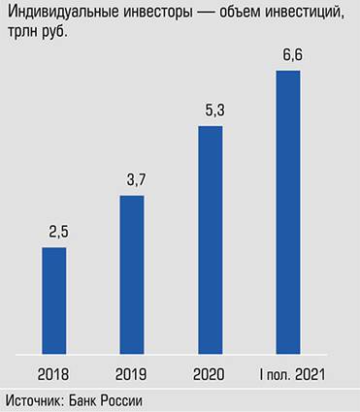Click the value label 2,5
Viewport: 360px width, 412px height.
tap(54, 233)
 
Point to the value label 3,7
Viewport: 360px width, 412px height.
tap(132, 181)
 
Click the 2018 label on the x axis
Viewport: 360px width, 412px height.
tap(54, 373)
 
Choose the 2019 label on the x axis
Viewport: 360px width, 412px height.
tap(132, 373)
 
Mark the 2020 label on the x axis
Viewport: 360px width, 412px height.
tap(210, 373)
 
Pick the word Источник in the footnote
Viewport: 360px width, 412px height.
tap(34, 399)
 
